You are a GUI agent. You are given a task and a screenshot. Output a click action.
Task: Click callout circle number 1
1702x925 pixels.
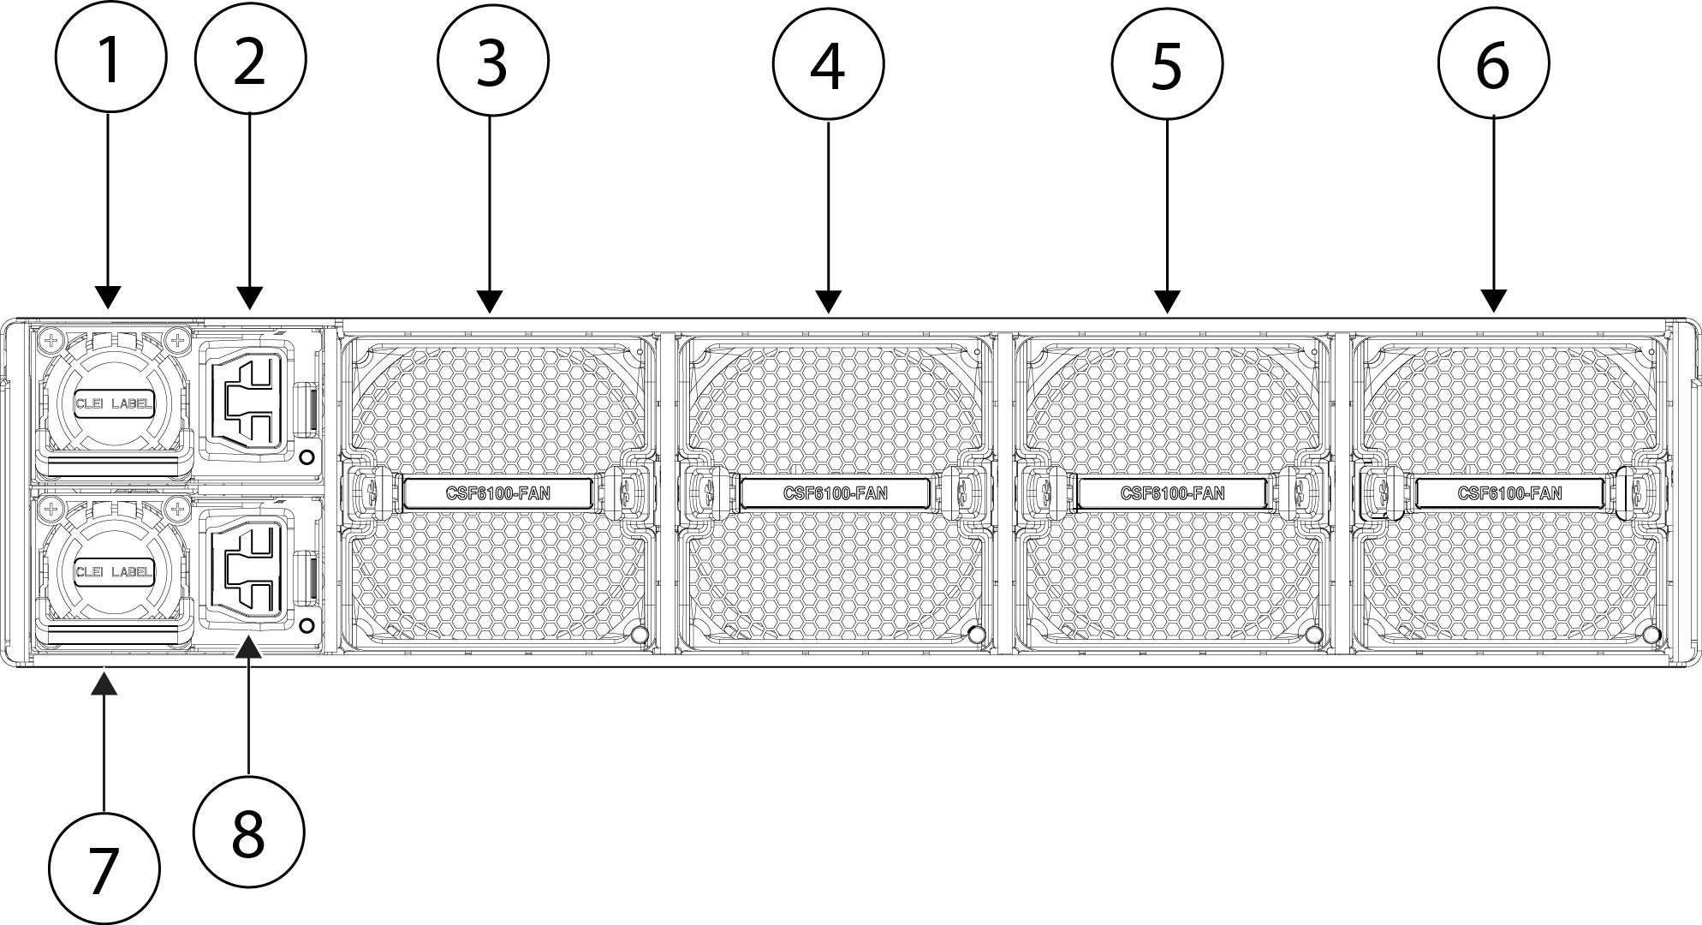(110, 57)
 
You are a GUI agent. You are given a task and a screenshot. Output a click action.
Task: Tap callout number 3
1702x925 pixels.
(493, 62)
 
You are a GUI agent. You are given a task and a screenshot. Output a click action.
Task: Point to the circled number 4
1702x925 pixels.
(829, 64)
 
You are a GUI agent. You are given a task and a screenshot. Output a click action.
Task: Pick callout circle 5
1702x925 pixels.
(1168, 64)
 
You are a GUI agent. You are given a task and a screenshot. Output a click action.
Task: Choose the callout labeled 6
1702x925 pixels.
(1494, 64)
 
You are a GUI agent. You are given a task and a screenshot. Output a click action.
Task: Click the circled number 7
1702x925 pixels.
(104, 868)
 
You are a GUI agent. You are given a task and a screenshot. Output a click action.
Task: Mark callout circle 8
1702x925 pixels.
(249, 832)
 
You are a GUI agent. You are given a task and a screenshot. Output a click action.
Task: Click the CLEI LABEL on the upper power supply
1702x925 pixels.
(115, 403)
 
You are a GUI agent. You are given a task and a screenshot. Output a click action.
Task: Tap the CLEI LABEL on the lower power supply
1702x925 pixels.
(115, 572)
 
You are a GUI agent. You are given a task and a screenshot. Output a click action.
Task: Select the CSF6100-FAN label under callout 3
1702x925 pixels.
(498, 493)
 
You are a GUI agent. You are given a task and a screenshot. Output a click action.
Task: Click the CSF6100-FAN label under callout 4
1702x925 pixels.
(836, 493)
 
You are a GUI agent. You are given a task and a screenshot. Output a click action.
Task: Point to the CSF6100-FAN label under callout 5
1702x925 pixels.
(1173, 493)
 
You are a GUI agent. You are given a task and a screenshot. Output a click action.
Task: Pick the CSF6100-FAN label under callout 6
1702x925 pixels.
(1510, 493)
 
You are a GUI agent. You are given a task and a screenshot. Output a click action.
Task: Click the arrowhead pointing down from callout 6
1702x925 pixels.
(1494, 301)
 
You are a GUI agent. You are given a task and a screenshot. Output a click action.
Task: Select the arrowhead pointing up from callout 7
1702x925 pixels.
(104, 683)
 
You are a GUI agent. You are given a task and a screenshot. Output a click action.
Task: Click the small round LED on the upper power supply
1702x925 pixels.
(307, 457)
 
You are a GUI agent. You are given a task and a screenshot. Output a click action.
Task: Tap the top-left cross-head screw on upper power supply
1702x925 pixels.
(51, 341)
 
